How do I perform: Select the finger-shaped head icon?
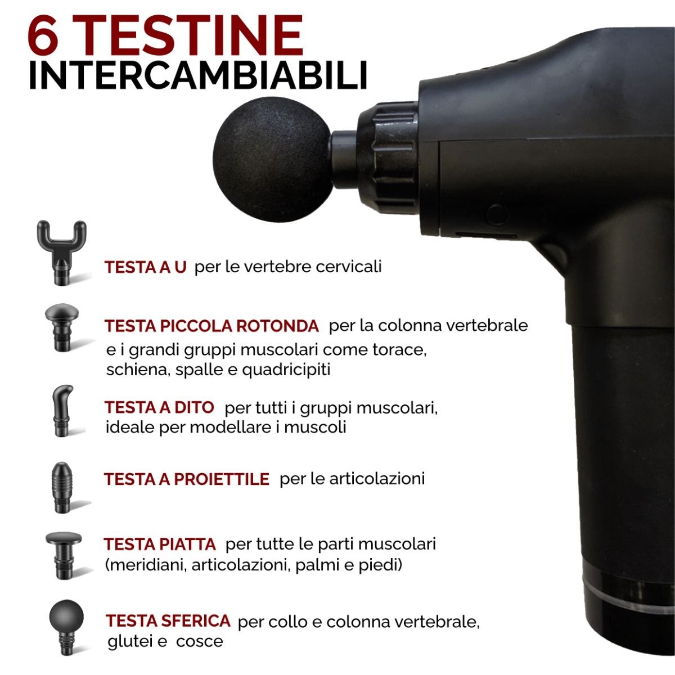pos(62,411)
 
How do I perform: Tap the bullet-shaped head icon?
pos(62,487)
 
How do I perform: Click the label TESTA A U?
pos(145,267)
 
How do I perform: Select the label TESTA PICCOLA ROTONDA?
pos(211,326)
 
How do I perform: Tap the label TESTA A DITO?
pos(159,407)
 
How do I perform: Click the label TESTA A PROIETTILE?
pos(186,479)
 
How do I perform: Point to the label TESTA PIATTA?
pos(160,544)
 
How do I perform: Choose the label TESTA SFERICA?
pos(168,621)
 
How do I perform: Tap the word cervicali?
pos(348,267)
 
